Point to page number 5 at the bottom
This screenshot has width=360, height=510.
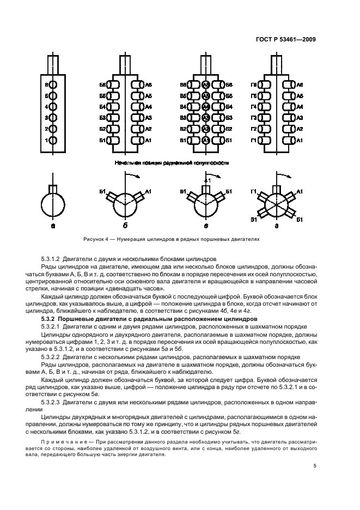(315, 465)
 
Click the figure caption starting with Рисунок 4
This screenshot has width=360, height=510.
(172, 239)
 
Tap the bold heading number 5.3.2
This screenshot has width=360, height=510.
(50, 318)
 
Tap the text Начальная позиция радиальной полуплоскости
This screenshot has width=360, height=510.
(172, 162)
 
